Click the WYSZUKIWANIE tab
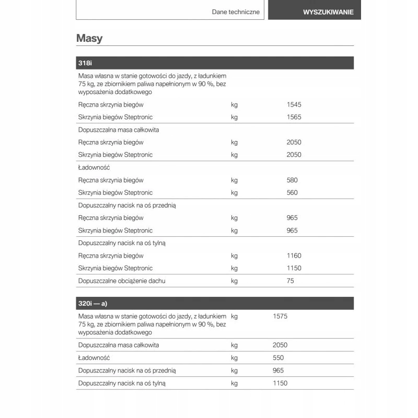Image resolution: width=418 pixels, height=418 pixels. [x=328, y=12]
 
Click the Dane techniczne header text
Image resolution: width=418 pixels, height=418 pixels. [x=236, y=12]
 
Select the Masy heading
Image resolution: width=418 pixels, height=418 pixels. [x=89, y=38]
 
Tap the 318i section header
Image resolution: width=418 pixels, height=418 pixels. [x=85, y=63]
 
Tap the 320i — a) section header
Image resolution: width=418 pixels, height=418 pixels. [x=92, y=304]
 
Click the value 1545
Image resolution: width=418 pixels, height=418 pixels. [x=294, y=104]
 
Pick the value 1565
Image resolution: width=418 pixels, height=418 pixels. [x=294, y=117]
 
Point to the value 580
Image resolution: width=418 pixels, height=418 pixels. [x=292, y=180]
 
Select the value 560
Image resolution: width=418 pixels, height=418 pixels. [x=292, y=193]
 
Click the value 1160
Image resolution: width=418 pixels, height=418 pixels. [x=294, y=256]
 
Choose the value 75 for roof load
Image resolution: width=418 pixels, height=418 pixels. [x=291, y=281]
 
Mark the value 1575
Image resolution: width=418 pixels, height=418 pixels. [x=280, y=316]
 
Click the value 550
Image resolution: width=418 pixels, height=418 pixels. [x=278, y=358]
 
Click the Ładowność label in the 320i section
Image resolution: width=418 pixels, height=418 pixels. [x=94, y=358]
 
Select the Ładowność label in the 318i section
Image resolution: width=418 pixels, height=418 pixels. [x=94, y=168]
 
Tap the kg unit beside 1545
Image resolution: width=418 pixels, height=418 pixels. [x=234, y=104]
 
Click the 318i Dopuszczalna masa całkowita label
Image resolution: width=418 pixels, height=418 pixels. [x=119, y=130]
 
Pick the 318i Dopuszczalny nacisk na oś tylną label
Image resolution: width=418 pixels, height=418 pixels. [x=122, y=243]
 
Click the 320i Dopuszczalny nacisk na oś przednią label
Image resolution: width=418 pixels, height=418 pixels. [x=127, y=370]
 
